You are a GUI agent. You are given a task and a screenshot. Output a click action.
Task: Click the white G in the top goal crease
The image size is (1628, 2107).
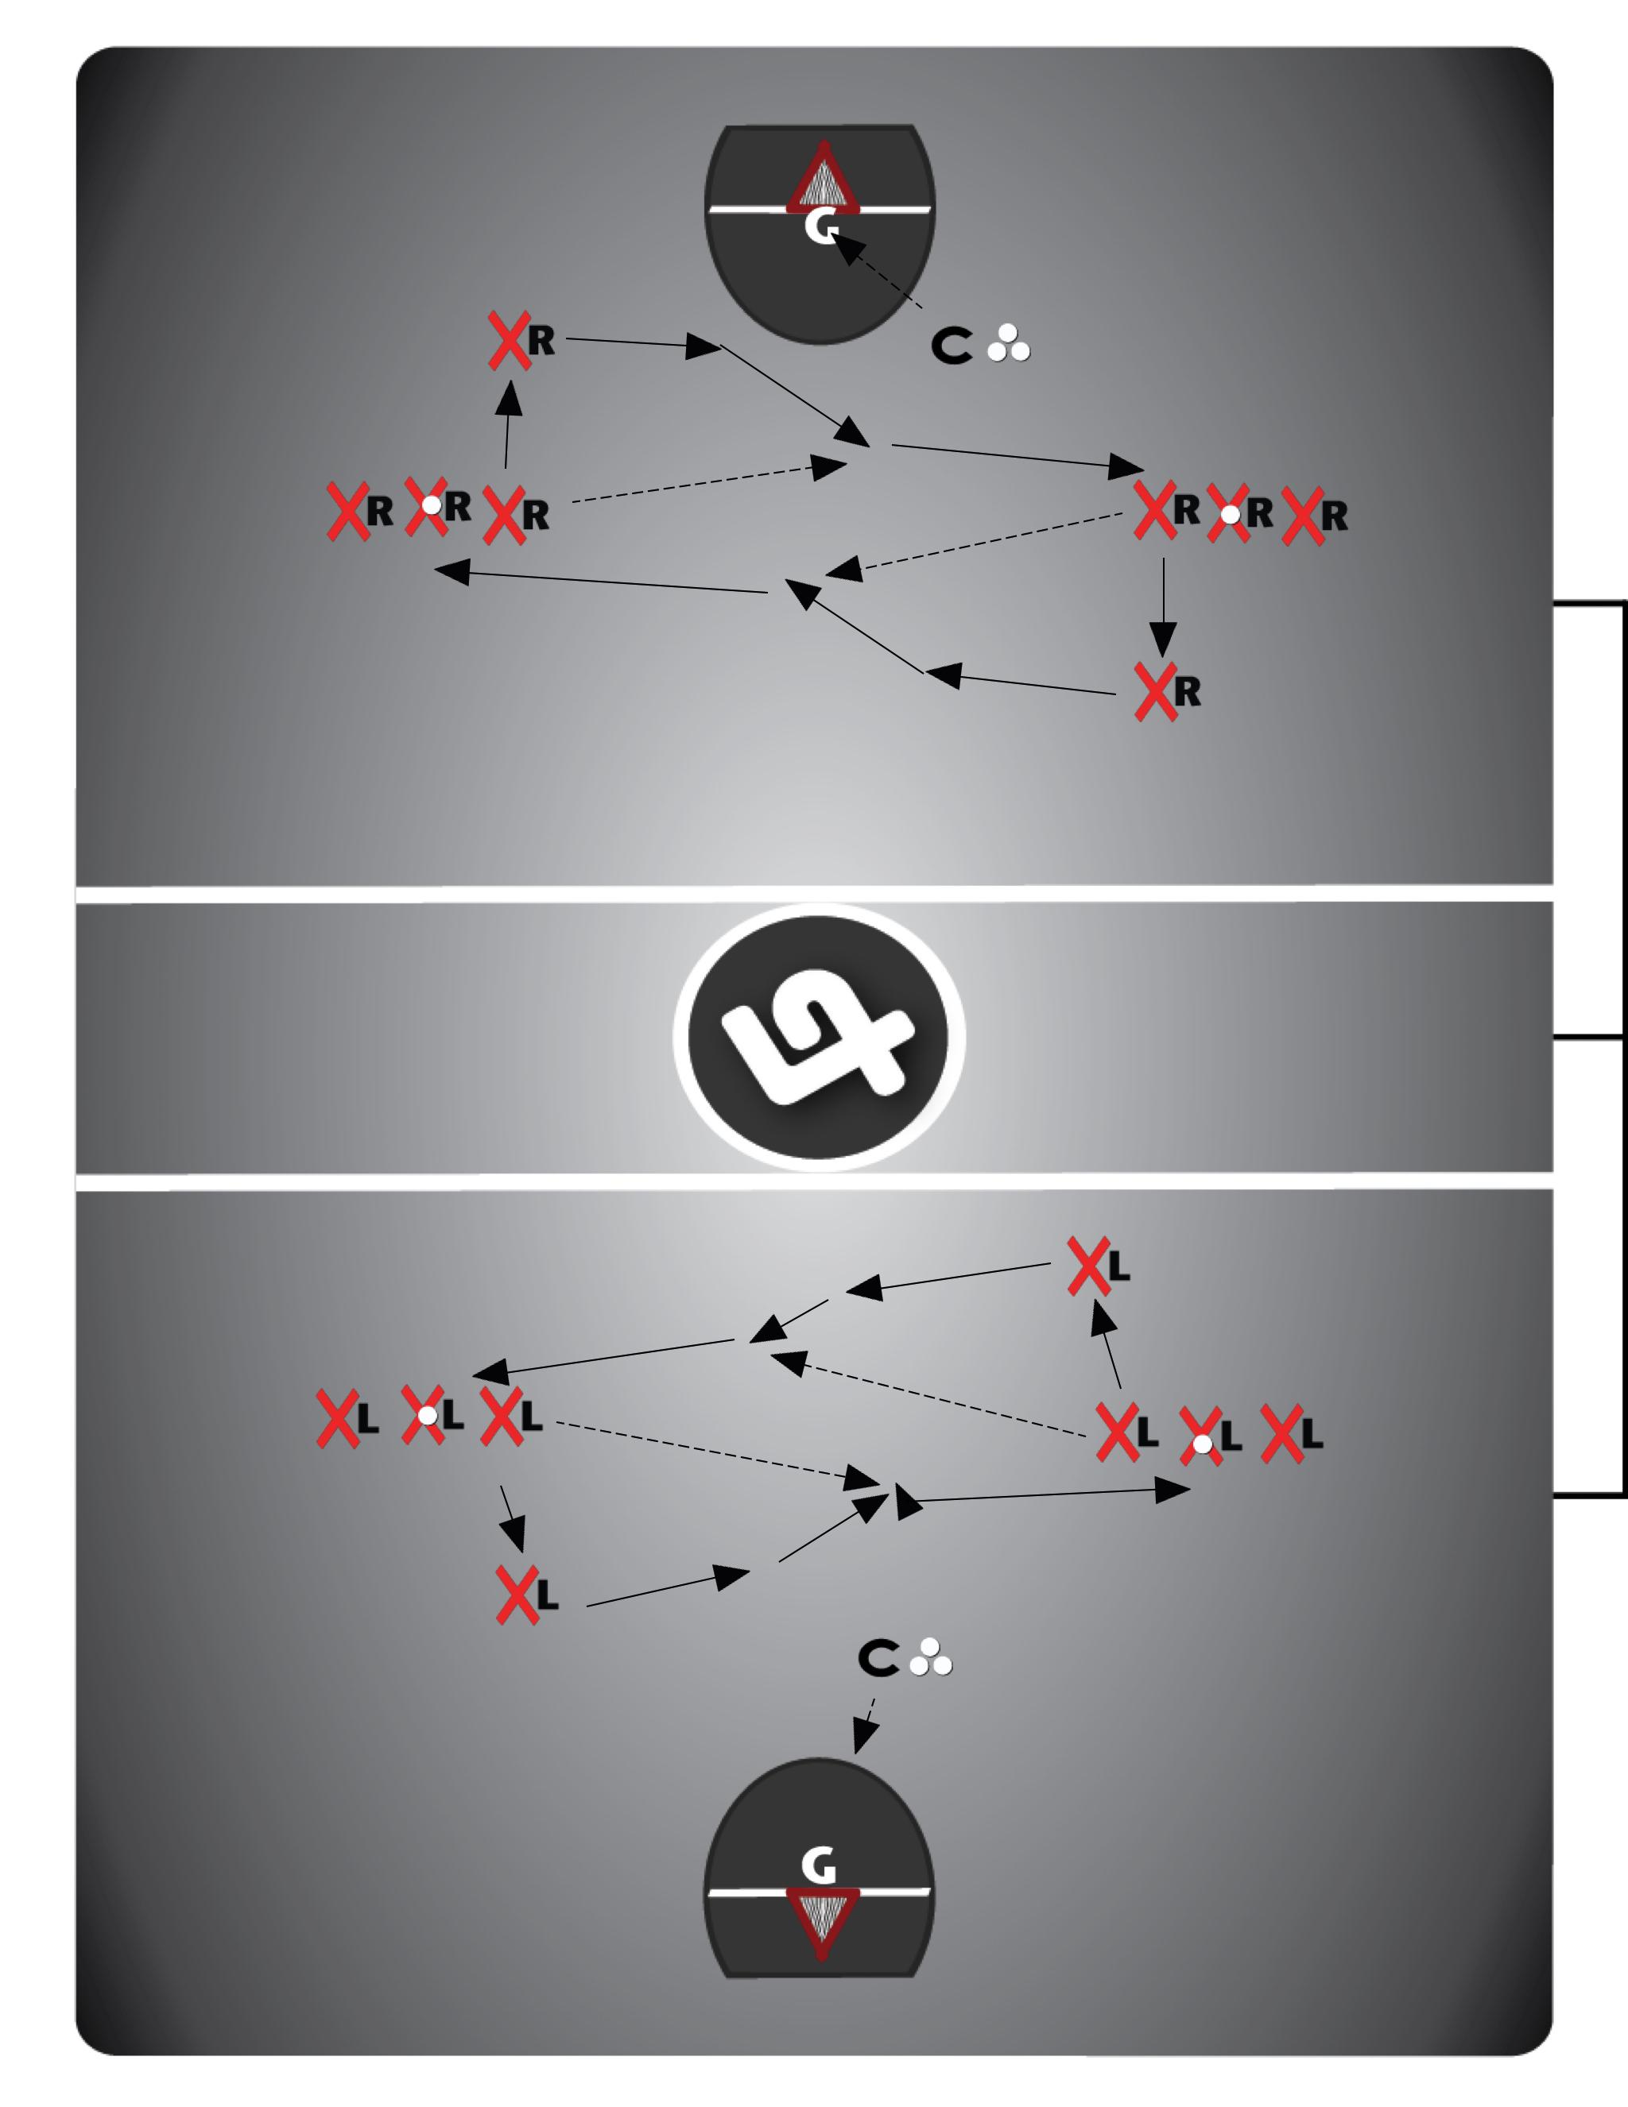(821, 228)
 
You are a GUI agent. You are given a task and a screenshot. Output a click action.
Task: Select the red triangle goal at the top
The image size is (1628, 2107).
(822, 180)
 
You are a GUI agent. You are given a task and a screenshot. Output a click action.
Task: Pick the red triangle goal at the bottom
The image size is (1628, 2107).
(820, 1919)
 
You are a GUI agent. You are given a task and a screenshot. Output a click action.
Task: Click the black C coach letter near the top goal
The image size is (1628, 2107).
(952, 346)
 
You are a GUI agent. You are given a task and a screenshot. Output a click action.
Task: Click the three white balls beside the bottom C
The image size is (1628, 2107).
(931, 1657)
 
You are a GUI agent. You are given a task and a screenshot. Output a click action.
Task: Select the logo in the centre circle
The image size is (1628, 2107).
(818, 1037)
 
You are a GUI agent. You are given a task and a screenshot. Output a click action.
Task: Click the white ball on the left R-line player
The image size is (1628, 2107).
(432, 505)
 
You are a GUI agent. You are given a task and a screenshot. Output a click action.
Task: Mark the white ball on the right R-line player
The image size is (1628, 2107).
(1231, 515)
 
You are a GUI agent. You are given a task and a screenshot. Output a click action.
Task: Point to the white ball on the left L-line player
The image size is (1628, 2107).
(425, 1415)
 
